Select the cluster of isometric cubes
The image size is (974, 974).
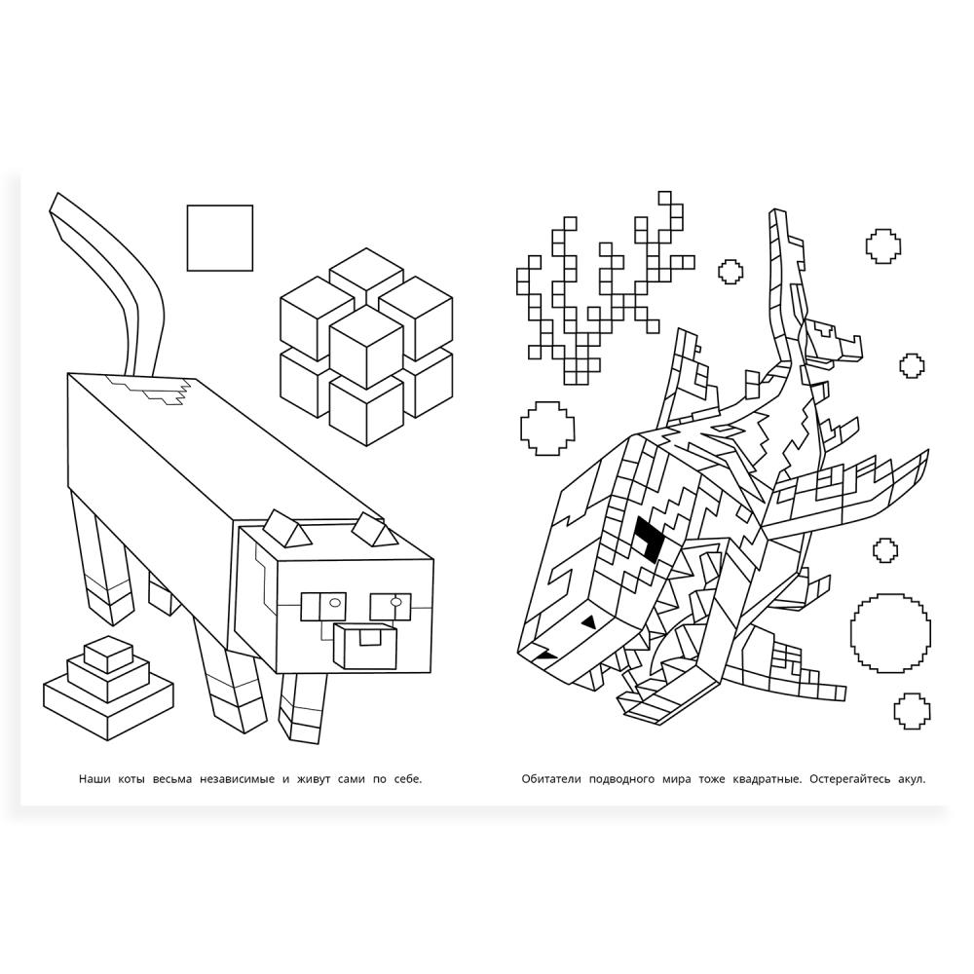366,346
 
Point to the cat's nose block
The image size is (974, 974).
365,646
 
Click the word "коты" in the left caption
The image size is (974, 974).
131,779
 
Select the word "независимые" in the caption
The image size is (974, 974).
237,779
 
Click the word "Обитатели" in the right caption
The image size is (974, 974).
550,779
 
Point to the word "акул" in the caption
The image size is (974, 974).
912,779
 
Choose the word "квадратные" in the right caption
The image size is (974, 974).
768,779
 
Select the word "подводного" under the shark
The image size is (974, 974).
621,779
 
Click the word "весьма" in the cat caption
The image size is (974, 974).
172,779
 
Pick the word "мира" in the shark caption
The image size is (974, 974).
676,779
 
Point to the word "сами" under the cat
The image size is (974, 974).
352,779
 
